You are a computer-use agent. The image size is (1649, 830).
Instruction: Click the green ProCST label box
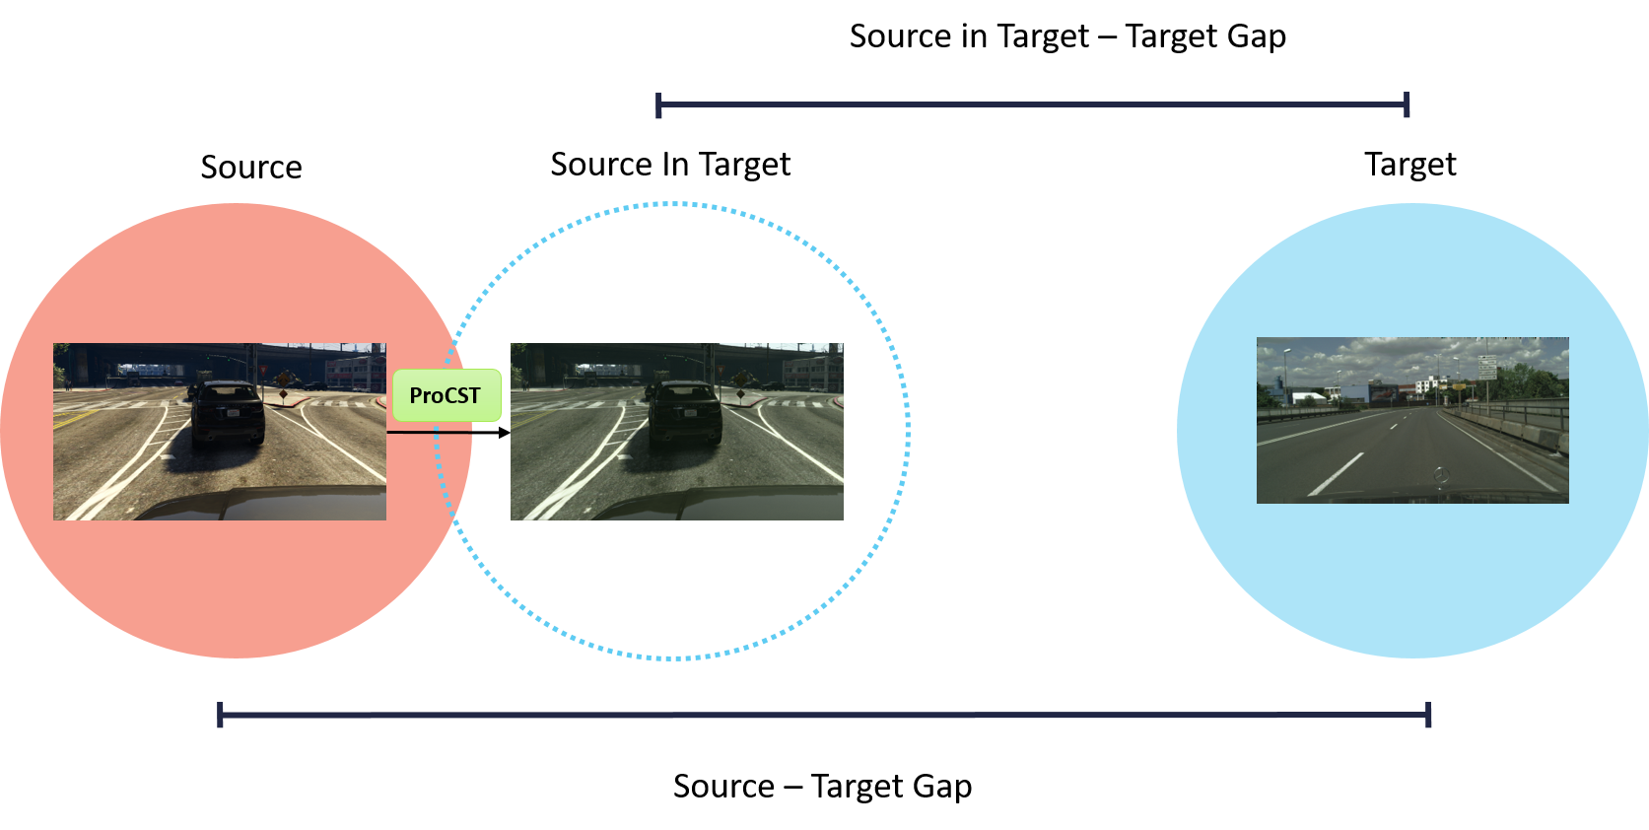[x=447, y=395]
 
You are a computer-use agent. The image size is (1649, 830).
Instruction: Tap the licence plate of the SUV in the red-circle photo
[x=234, y=413]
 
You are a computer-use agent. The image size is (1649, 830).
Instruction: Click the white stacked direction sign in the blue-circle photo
[x=1486, y=368]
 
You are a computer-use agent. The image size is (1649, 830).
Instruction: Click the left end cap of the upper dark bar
[x=658, y=104]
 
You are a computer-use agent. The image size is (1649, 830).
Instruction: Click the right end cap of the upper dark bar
[x=1407, y=104]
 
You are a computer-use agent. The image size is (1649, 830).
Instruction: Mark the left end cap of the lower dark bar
[x=220, y=715]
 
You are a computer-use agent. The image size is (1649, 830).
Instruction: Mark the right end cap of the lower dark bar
[x=1428, y=715]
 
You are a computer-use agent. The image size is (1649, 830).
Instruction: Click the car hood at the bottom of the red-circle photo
[x=266, y=502]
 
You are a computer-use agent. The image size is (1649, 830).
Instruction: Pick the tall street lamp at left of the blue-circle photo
[x=1285, y=375]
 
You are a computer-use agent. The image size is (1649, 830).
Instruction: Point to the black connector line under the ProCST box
[x=429, y=432]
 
